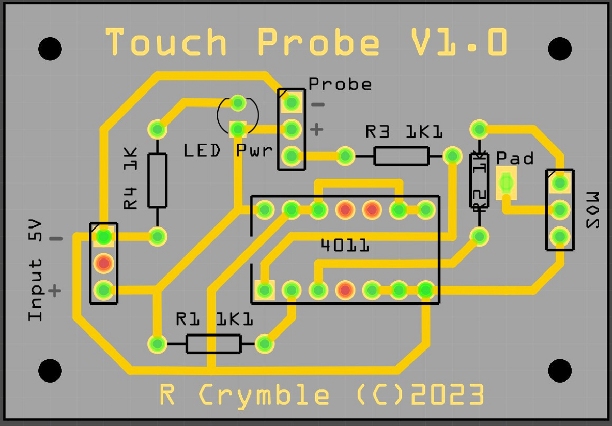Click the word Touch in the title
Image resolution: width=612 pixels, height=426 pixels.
(x=166, y=42)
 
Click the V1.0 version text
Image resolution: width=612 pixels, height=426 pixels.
(x=459, y=42)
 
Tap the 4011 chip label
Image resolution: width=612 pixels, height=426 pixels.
(x=345, y=246)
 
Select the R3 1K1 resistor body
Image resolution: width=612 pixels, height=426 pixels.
(x=401, y=156)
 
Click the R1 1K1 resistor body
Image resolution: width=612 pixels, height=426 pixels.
(x=213, y=344)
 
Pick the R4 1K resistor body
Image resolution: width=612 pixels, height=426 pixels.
(x=157, y=180)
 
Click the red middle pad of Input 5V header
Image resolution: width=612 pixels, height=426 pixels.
(x=104, y=263)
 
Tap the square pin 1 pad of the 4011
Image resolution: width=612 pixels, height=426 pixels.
(x=264, y=290)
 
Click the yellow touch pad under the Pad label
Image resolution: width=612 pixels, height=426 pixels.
(x=506, y=182)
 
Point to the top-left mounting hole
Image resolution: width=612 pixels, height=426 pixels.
(x=50, y=48)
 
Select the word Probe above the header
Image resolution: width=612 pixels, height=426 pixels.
(x=340, y=84)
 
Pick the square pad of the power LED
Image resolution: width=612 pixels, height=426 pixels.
(x=237, y=129)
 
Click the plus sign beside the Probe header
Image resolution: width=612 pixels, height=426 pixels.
(x=317, y=129)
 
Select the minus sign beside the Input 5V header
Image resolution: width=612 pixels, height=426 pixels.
(x=56, y=238)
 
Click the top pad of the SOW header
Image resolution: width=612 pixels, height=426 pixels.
(x=559, y=182)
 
